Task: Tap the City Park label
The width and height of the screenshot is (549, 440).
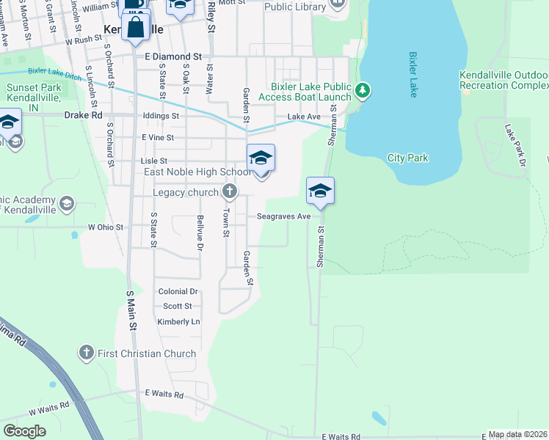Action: (x=407, y=158)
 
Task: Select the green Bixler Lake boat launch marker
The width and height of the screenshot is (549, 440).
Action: (x=362, y=91)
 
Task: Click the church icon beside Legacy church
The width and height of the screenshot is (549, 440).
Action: (x=230, y=193)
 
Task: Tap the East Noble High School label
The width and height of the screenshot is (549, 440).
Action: (x=197, y=172)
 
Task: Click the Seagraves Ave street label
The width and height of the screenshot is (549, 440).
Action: (x=283, y=216)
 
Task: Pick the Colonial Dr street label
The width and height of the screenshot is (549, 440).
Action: (x=178, y=291)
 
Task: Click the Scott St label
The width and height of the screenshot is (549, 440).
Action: (x=178, y=306)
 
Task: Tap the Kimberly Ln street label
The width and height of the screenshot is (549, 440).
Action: (x=178, y=322)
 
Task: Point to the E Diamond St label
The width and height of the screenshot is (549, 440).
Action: (x=173, y=56)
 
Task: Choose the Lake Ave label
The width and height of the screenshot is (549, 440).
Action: (x=304, y=117)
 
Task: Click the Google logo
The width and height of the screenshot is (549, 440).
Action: (x=24, y=430)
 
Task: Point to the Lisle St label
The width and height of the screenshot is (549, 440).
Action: (x=153, y=161)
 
